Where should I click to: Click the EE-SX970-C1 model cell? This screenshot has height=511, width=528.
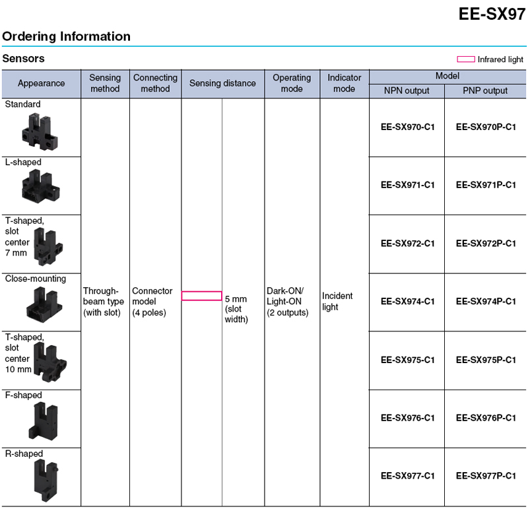pos(407,127)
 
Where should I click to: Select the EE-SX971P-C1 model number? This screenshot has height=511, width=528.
pos(486,185)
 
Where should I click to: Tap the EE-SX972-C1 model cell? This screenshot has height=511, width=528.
pos(407,244)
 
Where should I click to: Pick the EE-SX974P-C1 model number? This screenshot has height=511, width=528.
pos(486,302)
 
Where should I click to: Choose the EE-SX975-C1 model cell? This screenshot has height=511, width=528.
pos(407,360)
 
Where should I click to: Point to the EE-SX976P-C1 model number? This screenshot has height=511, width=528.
pos(486,418)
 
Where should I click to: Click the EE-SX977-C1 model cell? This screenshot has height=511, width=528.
pos(407,475)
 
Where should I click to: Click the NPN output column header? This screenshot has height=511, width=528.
pos(407,91)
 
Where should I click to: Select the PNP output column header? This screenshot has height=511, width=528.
pos(486,91)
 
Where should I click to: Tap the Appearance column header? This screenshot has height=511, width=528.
pos(41,84)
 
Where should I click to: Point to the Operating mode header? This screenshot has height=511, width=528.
pos(292,84)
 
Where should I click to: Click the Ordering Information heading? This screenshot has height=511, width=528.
pos(67,36)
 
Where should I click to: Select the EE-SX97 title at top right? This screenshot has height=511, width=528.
pos(492,14)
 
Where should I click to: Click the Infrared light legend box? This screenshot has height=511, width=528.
pos(466,59)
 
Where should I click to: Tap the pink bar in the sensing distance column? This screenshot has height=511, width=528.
pos(201,296)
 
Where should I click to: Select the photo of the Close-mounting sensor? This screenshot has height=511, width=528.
pos(40,304)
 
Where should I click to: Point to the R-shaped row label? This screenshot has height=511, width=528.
pos(24,454)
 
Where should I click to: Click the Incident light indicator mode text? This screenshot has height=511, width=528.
pos(337,302)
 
